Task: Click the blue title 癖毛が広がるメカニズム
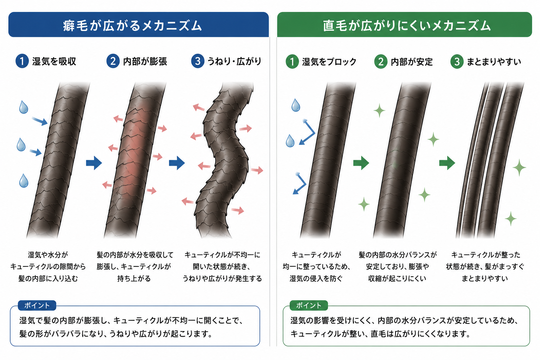tap(132, 26)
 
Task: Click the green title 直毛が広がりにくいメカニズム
tap(407, 26)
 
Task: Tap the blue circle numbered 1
tap(22, 61)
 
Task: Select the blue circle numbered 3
tap(198, 61)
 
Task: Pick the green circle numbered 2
tap(381, 62)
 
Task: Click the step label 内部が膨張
tap(145, 62)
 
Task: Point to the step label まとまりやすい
tap(494, 62)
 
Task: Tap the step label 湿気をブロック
tap(329, 62)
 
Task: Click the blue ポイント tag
tap(37, 306)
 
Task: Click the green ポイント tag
tap(309, 306)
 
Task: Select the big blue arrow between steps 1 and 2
tap(94, 163)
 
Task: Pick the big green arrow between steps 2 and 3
tap(447, 163)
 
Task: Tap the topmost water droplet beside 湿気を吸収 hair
tap(24, 107)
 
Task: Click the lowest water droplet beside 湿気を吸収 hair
tap(24, 181)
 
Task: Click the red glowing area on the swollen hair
tap(135, 154)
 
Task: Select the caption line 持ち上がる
tap(134, 279)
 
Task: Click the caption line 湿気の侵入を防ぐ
tap(316, 279)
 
